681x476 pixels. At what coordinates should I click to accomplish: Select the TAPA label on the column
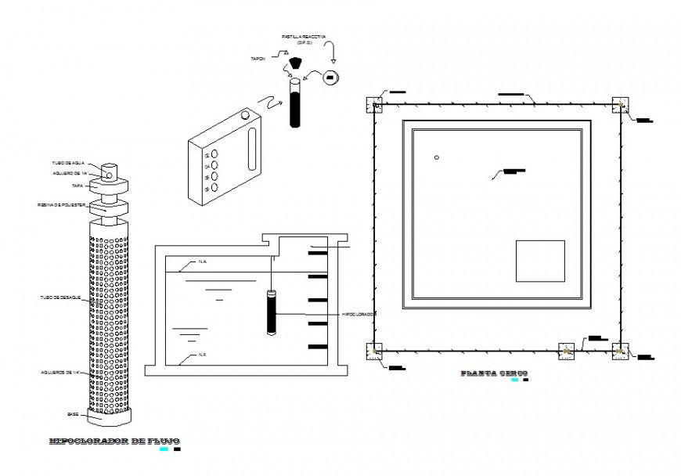[76, 186]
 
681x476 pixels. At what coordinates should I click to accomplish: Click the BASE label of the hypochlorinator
[72, 413]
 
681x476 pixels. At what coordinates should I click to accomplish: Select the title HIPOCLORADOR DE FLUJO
[113, 442]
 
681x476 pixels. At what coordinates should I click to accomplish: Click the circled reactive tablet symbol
[331, 77]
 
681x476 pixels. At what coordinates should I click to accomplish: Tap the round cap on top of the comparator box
[246, 115]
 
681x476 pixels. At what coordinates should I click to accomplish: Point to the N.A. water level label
[202, 261]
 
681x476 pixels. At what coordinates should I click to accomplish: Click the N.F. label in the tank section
[202, 355]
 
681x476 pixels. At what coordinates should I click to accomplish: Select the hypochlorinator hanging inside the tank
[272, 313]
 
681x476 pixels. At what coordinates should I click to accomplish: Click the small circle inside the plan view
[437, 158]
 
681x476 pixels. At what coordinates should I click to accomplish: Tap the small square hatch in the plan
[540, 261]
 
